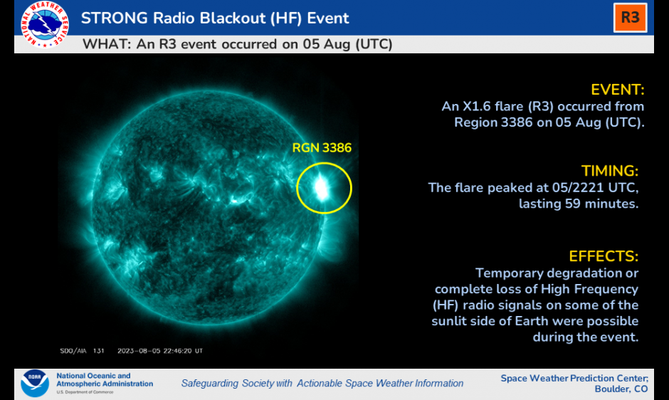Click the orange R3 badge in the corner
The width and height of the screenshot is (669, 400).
[630, 18]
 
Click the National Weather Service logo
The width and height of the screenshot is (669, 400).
[44, 24]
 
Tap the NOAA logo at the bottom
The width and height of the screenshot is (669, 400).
[35, 383]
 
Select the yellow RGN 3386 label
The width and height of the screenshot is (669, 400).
[322, 148]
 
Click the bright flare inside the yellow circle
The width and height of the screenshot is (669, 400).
[321, 187]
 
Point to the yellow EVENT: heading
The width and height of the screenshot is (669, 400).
[617, 90]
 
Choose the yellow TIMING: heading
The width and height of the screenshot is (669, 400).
[610, 171]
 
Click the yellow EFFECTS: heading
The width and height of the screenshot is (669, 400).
[604, 256]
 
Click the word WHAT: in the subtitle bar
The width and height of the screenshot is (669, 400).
[107, 44]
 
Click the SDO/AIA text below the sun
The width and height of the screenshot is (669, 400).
[73, 351]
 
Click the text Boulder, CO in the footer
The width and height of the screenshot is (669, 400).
[621, 389]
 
